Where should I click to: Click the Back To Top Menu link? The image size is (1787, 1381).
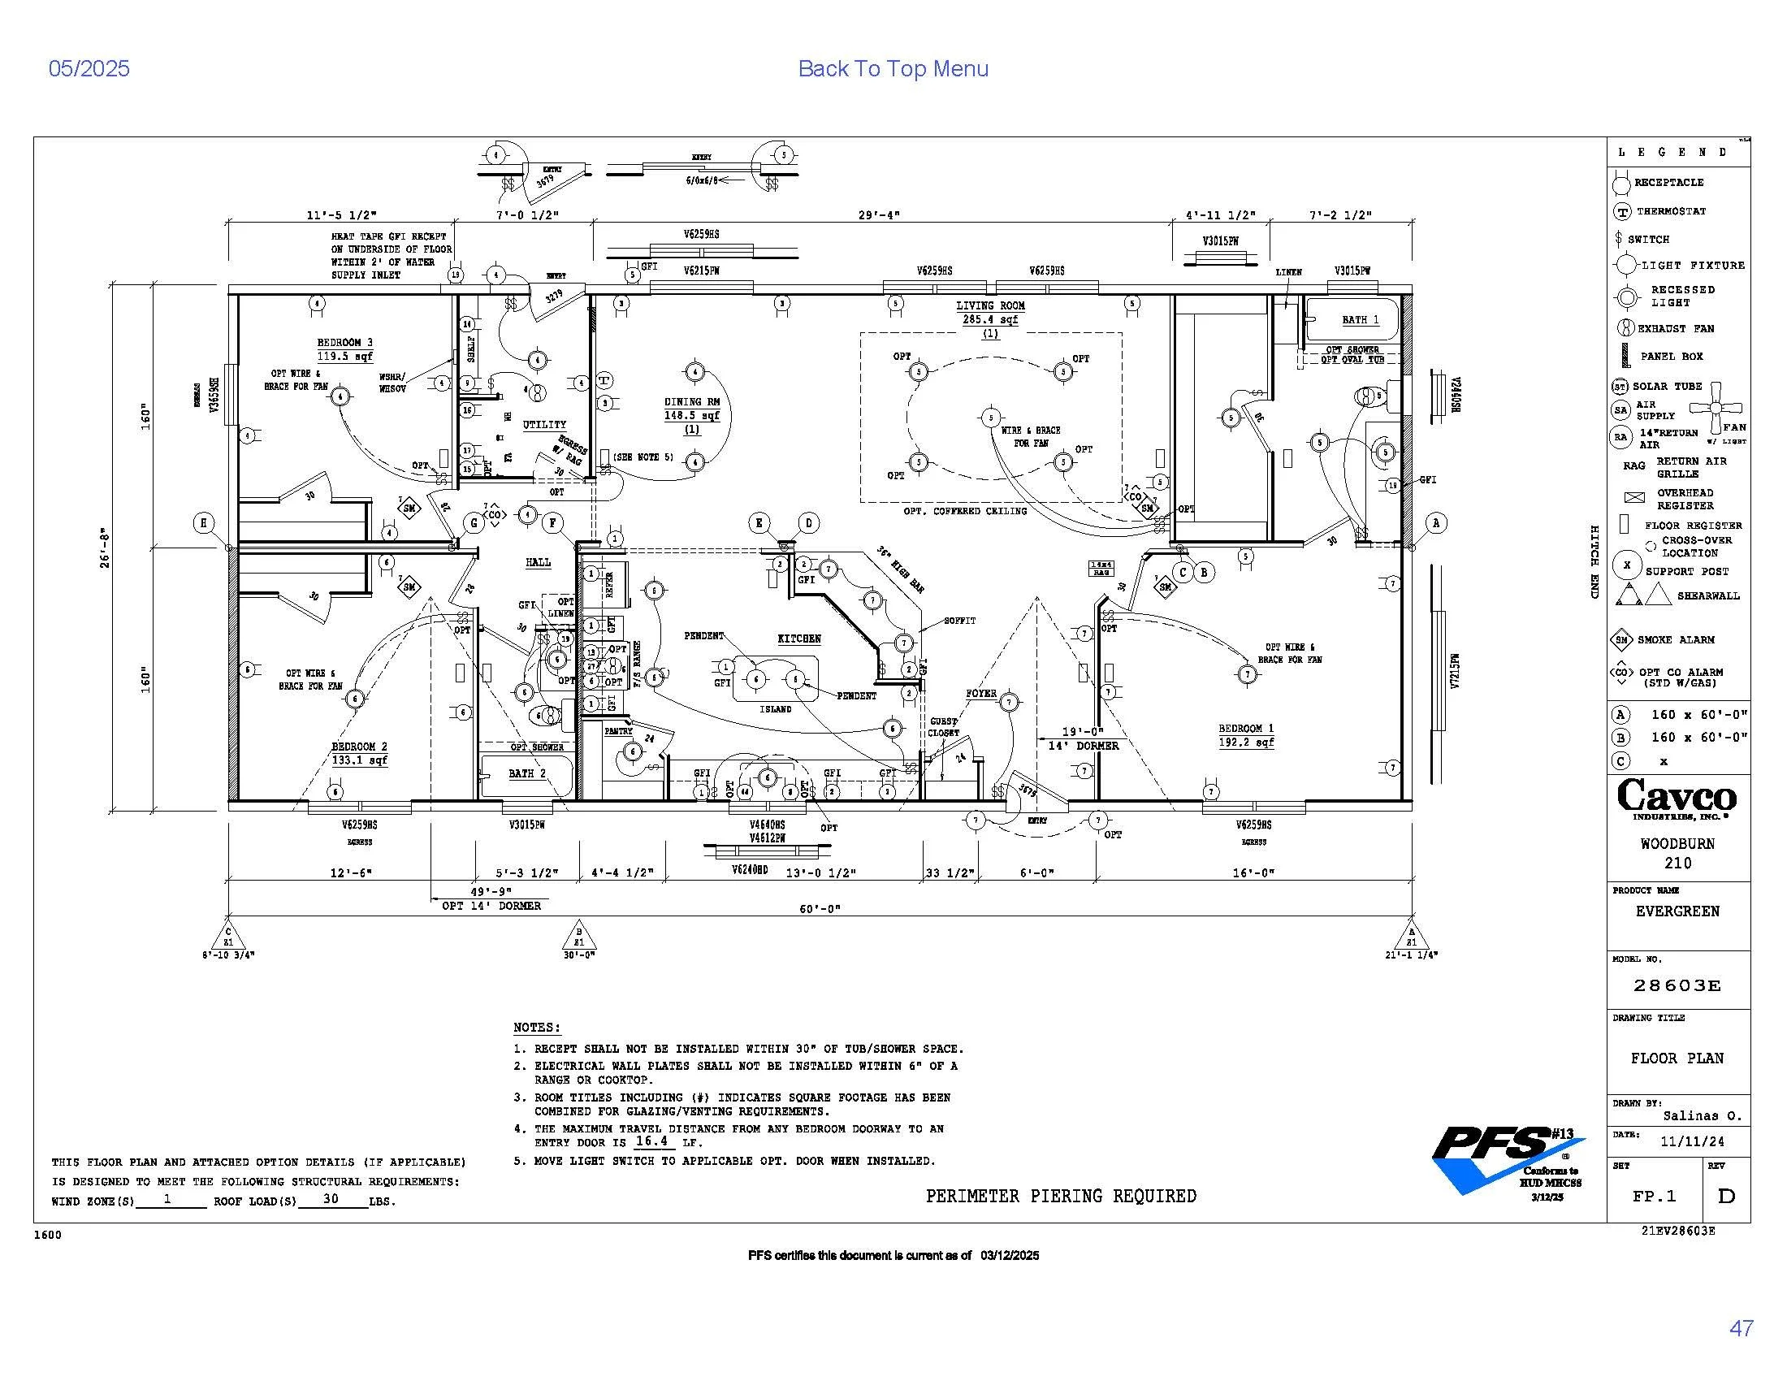(893, 69)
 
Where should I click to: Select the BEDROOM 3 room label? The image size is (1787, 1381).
(344, 343)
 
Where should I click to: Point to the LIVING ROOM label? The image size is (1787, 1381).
(990, 306)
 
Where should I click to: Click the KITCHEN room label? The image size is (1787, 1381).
(798, 639)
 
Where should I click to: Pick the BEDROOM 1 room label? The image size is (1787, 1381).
(1245, 728)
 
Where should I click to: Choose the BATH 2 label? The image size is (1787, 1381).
(526, 773)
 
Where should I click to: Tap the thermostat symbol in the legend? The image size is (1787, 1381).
(1621, 212)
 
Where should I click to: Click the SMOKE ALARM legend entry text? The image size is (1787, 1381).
(1676, 640)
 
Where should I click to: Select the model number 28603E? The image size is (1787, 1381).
(1677, 986)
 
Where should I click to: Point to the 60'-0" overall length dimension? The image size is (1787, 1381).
(820, 908)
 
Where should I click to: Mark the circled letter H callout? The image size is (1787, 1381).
(204, 524)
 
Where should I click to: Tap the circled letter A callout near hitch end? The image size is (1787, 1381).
(1436, 523)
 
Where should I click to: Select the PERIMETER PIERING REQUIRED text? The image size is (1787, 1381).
(1060, 1196)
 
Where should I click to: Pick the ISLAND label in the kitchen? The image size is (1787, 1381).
(775, 709)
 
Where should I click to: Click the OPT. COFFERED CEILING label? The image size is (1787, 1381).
(965, 511)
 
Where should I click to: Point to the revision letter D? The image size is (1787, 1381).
(1725, 1196)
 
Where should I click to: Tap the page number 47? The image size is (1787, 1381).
(1742, 1329)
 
